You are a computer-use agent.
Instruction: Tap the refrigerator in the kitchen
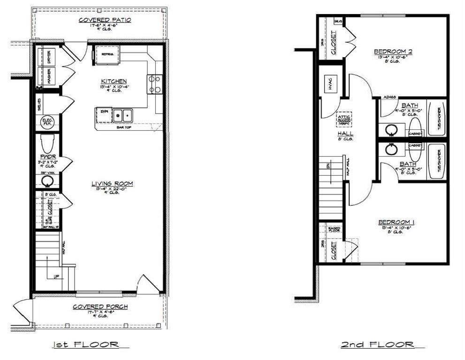108,55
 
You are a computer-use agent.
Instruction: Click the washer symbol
49,76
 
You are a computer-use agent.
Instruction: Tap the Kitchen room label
114,81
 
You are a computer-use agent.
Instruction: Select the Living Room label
112,183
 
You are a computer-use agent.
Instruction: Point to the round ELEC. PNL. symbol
47,121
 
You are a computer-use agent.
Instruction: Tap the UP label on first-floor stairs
56,276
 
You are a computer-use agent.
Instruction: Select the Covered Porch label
100,307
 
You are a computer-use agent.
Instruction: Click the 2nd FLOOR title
377,345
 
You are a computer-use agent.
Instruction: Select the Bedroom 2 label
393,52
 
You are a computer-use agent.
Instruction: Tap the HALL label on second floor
345,134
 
